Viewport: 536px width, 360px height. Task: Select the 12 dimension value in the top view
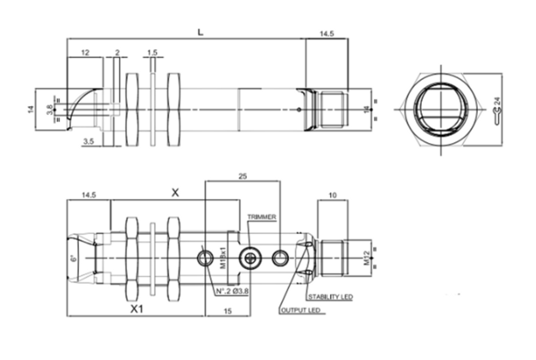tap(85, 53)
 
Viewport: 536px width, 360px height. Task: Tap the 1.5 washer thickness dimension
tap(152, 53)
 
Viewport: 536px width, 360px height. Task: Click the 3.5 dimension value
tap(88, 142)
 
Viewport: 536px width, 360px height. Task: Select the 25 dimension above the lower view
tap(243, 176)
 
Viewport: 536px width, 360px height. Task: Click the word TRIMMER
tap(262, 217)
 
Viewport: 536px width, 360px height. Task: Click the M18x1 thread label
tap(223, 258)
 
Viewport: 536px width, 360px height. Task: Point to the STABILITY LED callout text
tap(330, 297)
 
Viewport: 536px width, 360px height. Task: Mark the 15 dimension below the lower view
tap(227, 311)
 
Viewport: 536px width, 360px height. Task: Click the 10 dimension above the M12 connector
tap(333, 196)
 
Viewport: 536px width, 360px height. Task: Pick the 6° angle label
tap(75, 258)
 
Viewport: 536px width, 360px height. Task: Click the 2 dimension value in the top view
tap(117, 53)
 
